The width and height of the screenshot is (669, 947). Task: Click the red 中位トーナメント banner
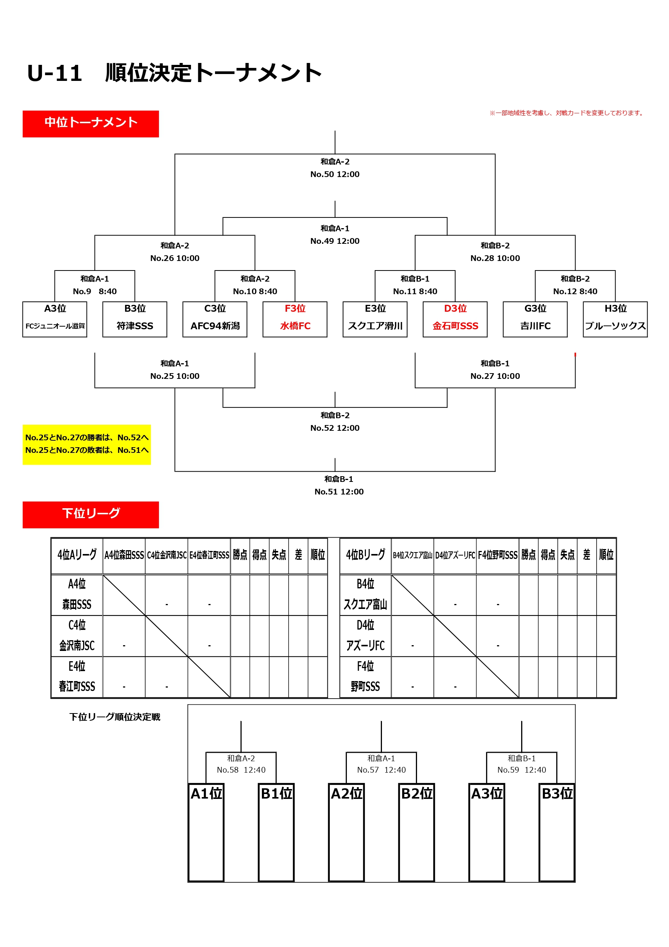91,124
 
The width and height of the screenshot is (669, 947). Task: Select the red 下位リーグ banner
91,514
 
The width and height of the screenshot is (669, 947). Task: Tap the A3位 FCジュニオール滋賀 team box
55,319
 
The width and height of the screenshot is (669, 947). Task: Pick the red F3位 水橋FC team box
295,319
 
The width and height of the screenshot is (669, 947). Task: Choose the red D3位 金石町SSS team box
455,319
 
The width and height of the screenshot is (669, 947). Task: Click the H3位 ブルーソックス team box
615,319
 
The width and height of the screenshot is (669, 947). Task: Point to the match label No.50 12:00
335,174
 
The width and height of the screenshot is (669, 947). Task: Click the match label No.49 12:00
335,241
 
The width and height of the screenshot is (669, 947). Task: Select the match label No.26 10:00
175,258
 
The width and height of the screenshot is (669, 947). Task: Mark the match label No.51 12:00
339,492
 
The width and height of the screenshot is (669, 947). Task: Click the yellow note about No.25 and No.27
87,444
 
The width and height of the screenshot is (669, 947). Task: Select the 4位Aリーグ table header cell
77,555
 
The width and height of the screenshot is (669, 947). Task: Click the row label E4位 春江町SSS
77,676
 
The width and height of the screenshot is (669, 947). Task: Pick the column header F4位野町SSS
497,555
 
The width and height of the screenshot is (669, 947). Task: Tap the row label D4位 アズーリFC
366,636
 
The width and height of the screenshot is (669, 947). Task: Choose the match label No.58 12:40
241,770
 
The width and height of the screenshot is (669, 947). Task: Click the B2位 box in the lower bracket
417,832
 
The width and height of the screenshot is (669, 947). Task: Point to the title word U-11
55,73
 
